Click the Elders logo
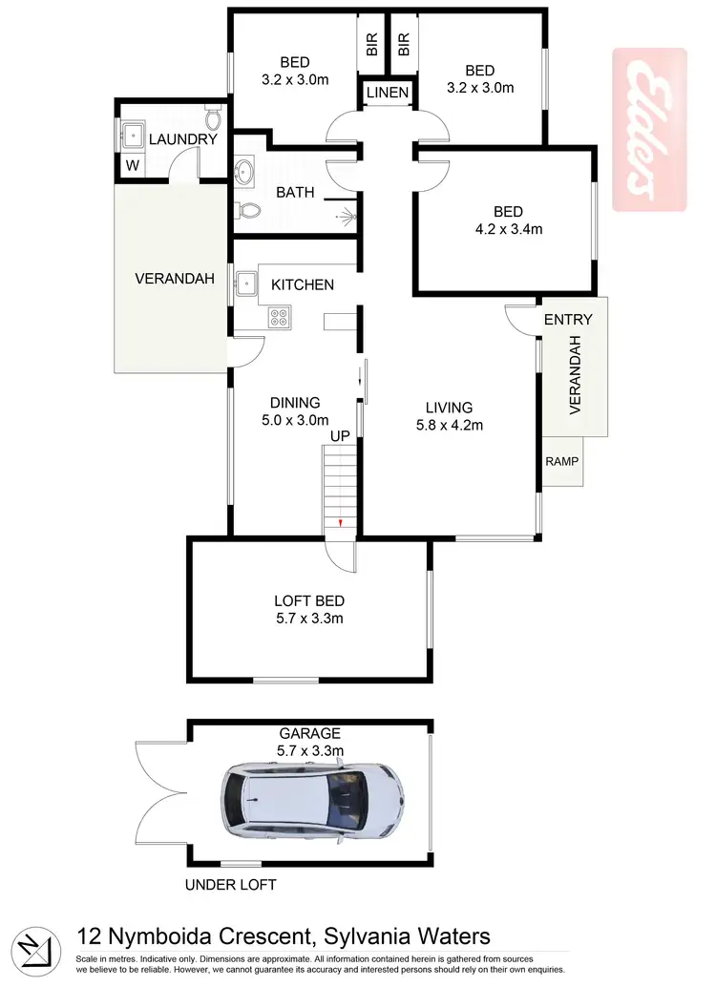[648, 130]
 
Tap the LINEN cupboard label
[387, 93]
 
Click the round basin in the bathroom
[245, 173]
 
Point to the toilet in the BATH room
[247, 210]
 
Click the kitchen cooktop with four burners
[279, 317]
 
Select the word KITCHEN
[303, 284]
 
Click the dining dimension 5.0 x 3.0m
[295, 419]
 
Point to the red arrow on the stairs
[341, 523]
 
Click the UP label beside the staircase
[339, 436]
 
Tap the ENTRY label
[568, 320]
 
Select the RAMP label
[561, 461]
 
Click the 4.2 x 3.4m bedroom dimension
[505, 228]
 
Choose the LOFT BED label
[308, 601]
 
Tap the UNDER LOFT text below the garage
[230, 885]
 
